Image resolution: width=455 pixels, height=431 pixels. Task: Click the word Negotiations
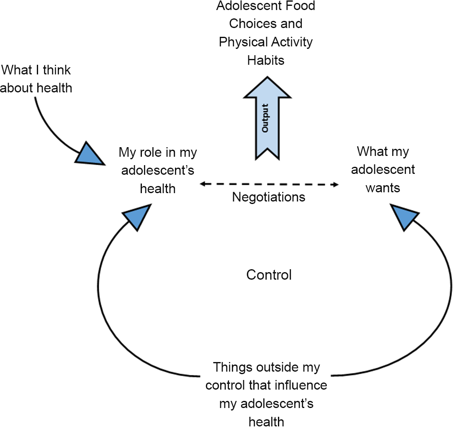click(x=269, y=196)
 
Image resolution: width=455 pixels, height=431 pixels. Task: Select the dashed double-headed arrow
click(x=269, y=184)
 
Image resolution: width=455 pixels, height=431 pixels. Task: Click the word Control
click(x=269, y=275)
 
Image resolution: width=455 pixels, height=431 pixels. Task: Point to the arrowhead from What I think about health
click(x=89, y=153)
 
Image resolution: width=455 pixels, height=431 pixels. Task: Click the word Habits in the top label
click(x=265, y=60)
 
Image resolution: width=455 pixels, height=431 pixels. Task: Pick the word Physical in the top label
click(x=243, y=42)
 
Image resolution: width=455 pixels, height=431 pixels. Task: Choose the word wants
click(x=383, y=188)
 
